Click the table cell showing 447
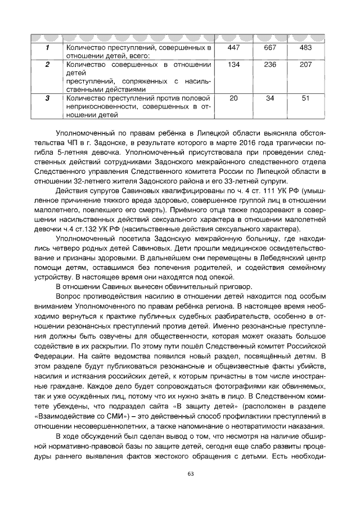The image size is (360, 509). coord(233,48)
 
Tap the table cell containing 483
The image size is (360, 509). coord(306,48)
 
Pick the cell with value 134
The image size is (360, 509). coord(233,65)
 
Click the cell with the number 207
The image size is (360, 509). coord(306,65)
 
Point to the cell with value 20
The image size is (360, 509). coord(233,98)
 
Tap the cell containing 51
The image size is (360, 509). coord(306,98)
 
